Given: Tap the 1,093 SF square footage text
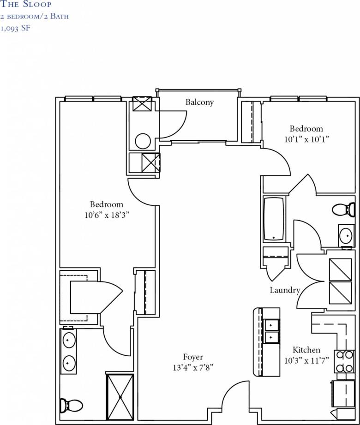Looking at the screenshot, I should tap(18, 27).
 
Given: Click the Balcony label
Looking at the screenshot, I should tap(199, 102).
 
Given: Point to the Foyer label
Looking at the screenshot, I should tap(193, 357).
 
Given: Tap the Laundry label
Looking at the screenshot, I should tap(285, 290).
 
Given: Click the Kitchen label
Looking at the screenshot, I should tap(306, 350).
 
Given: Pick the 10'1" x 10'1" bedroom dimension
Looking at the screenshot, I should tap(306, 138).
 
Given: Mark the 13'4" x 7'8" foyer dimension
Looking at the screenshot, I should tap(192, 368).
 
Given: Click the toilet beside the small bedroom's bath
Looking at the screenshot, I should tap(343, 210).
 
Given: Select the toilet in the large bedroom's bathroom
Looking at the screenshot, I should tap(73, 406).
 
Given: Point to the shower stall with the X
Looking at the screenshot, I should tap(120, 397).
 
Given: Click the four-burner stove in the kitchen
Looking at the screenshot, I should tap(344, 362).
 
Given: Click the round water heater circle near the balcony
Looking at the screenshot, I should tap(143, 140).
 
